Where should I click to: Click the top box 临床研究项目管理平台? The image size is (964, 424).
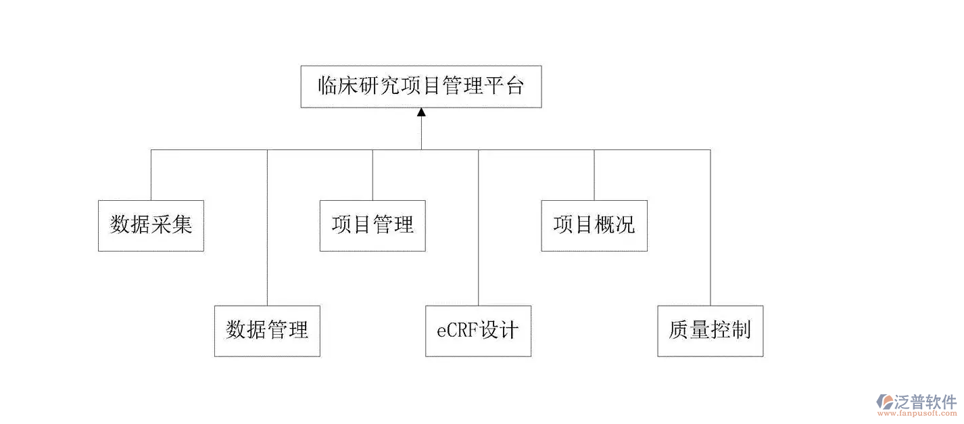click(420, 87)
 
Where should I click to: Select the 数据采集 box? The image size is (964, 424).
click(151, 225)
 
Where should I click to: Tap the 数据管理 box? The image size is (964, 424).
click(267, 331)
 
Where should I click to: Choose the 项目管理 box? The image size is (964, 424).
click(372, 225)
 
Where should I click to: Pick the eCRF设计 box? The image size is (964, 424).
click(478, 331)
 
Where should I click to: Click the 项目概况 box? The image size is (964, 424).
click(594, 225)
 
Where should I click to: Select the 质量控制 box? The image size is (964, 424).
click(710, 331)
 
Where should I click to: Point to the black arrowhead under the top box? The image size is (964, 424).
click(421, 112)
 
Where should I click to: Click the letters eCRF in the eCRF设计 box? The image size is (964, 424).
click(457, 331)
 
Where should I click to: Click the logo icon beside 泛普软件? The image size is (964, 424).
click(885, 402)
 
